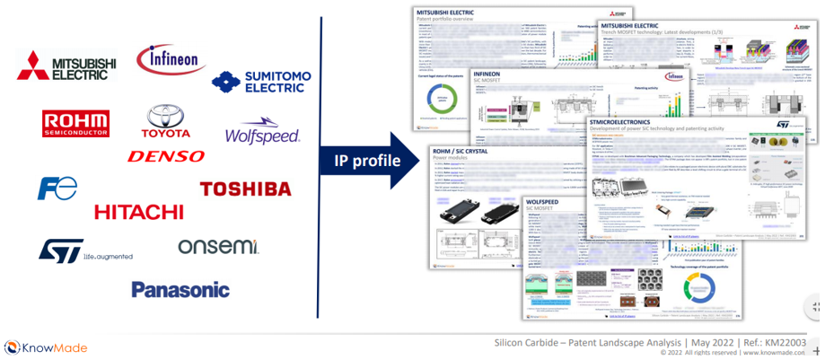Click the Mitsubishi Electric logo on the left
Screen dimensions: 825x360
point(67,66)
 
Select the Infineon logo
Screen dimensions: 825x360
point(171,60)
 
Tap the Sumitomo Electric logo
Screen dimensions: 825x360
point(255,82)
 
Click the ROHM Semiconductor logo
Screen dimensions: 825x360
point(76,123)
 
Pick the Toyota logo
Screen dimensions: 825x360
point(165,121)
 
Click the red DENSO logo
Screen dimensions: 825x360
point(166,156)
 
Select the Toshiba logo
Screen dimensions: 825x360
point(245,189)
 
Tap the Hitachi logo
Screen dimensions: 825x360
point(138,212)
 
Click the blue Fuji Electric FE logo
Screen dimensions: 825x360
point(57,188)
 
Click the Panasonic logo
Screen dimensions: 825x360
point(180,289)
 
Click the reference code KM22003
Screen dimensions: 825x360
point(784,342)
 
